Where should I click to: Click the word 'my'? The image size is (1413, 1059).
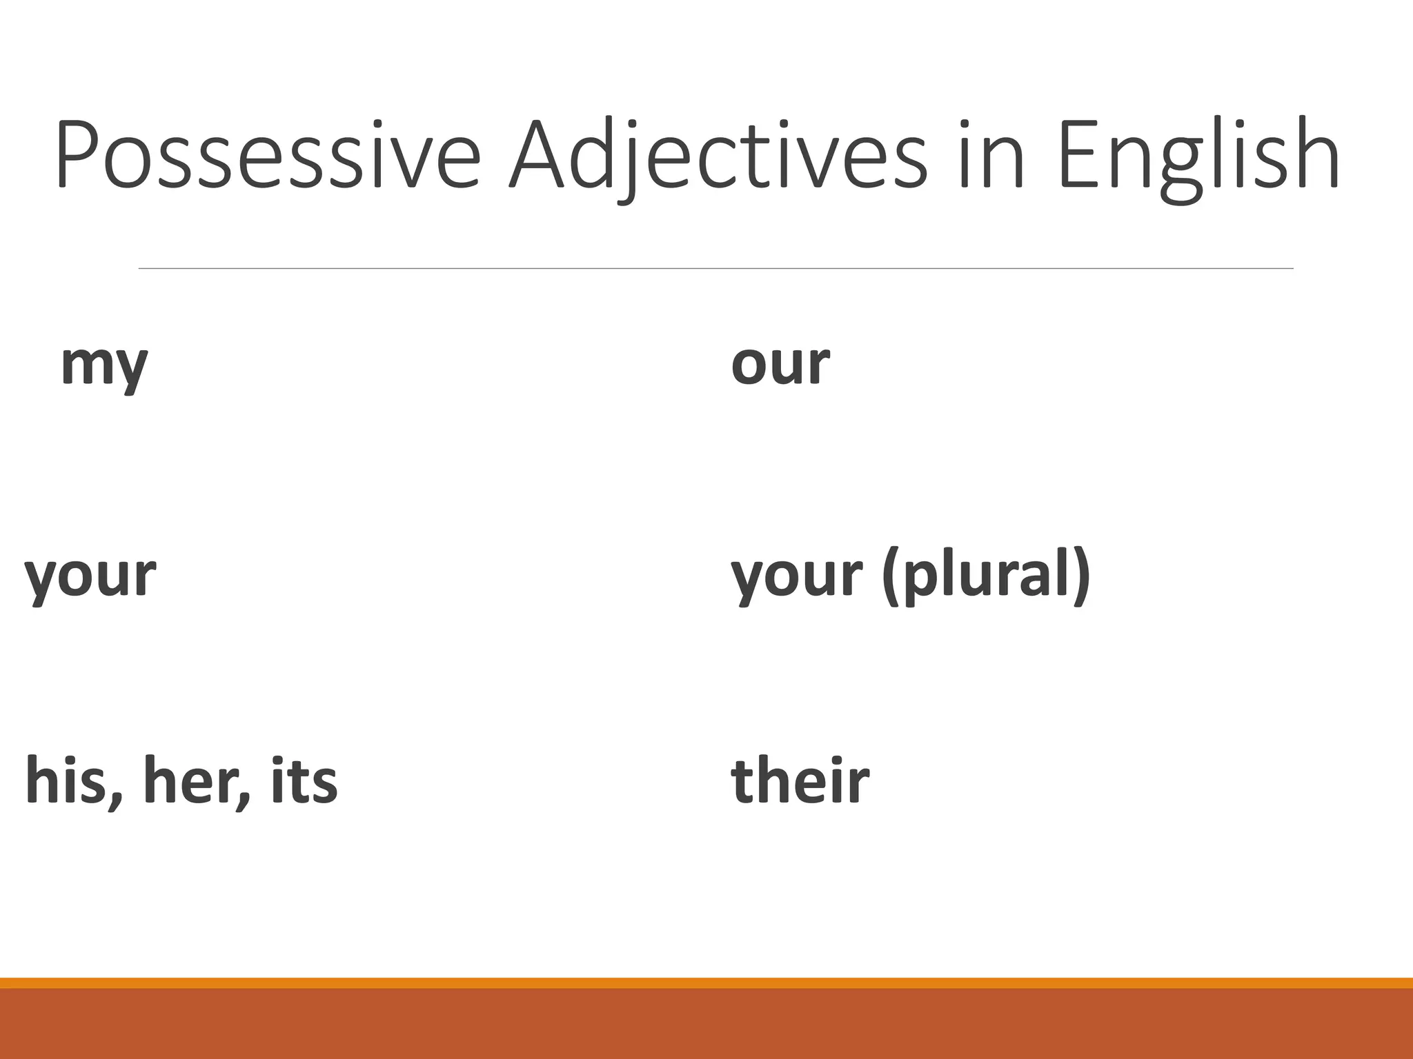click(x=104, y=365)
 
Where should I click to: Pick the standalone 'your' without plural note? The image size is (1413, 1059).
click(x=90, y=576)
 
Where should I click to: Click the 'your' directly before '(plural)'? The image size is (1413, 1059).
click(x=797, y=576)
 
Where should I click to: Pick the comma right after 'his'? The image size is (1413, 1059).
click(x=117, y=800)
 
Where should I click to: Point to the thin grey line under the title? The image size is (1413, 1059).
click(x=715, y=268)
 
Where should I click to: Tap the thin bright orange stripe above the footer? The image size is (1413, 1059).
click(x=706, y=982)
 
